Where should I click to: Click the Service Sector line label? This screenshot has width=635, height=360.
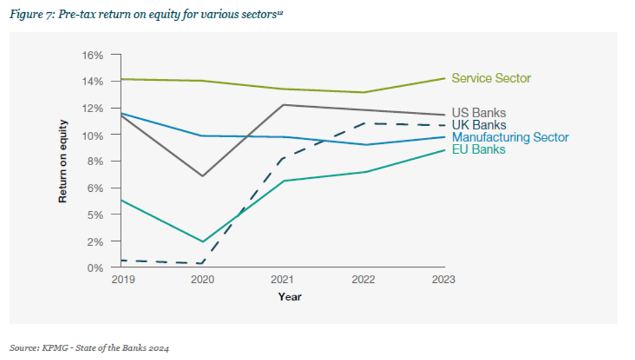tap(491, 78)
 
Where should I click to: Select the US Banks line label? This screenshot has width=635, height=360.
tap(478, 114)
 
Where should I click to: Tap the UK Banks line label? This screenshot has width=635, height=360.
tap(478, 125)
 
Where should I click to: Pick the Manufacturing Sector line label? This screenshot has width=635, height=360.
tap(510, 137)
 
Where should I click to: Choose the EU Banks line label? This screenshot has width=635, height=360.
tap(478, 149)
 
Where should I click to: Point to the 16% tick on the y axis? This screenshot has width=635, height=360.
tap(93, 55)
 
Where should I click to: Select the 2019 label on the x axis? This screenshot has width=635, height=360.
tap(123, 280)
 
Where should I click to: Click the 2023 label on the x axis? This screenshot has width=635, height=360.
tap(443, 280)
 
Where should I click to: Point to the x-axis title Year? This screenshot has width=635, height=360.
tap(290, 297)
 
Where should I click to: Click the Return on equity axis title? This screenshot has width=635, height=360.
tap(63, 161)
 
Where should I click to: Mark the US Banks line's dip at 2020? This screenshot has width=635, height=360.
tap(202, 176)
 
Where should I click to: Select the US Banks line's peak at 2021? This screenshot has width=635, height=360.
tap(283, 105)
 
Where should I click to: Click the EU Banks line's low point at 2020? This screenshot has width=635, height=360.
tap(202, 242)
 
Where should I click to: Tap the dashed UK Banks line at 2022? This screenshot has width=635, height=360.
tap(364, 123)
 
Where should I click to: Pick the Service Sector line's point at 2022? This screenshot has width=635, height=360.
tap(364, 92)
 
